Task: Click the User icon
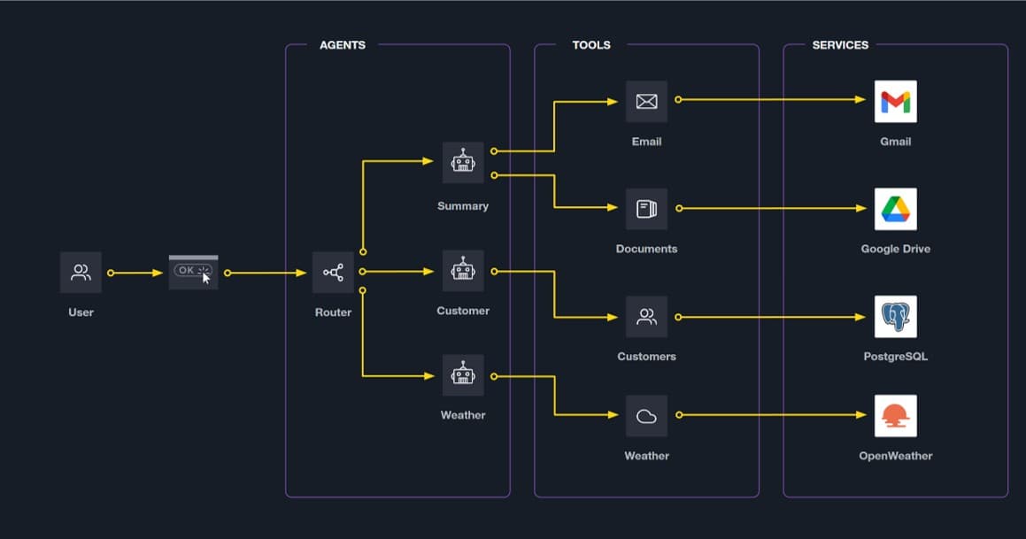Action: pyautogui.click(x=81, y=273)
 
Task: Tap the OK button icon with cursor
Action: pyautogui.click(x=193, y=272)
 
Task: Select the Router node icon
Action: pyautogui.click(x=333, y=273)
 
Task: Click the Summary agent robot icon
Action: pyautogui.click(x=463, y=163)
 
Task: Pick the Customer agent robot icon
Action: pyautogui.click(x=463, y=271)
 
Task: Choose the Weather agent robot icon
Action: pyautogui.click(x=463, y=375)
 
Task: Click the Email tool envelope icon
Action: pyautogui.click(x=646, y=101)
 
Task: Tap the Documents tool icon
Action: pyautogui.click(x=646, y=209)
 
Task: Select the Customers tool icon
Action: pyautogui.click(x=646, y=317)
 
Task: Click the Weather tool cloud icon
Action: pyautogui.click(x=646, y=416)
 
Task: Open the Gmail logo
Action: pyautogui.click(x=895, y=102)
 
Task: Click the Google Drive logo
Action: pyautogui.click(x=895, y=210)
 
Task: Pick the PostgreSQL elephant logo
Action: pyautogui.click(x=895, y=317)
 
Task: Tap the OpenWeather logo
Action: pyautogui.click(x=895, y=416)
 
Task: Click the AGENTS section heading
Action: pyautogui.click(x=343, y=45)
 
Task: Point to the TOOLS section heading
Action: pyautogui.click(x=591, y=45)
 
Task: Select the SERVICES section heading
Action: pyautogui.click(x=840, y=45)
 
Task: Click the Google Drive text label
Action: pyautogui.click(x=895, y=250)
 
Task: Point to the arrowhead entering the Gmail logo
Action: pyautogui.click(x=860, y=100)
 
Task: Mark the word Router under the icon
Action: pyautogui.click(x=333, y=312)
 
